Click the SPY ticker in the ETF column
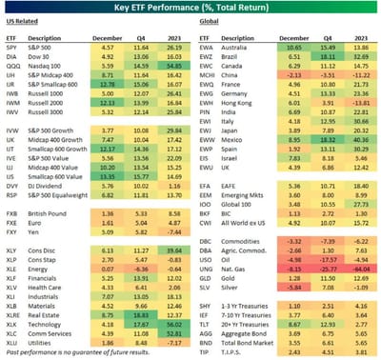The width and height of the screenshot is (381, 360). [14, 46]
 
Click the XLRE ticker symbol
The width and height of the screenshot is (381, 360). [16, 318]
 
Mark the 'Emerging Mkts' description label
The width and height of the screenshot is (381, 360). [238, 195]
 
